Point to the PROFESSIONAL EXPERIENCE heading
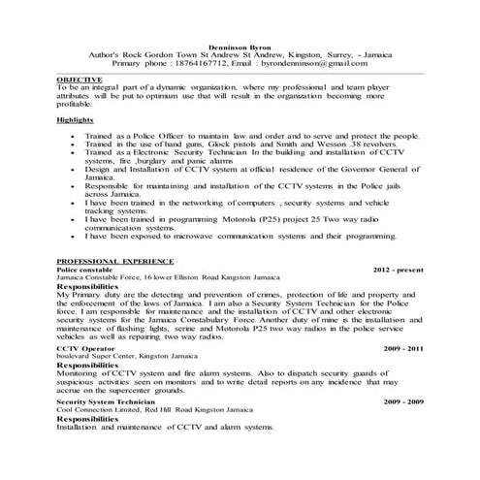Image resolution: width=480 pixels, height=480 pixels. pyautogui.click(x=115, y=262)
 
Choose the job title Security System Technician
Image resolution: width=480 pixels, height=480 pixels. pyautogui.click(x=106, y=400)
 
